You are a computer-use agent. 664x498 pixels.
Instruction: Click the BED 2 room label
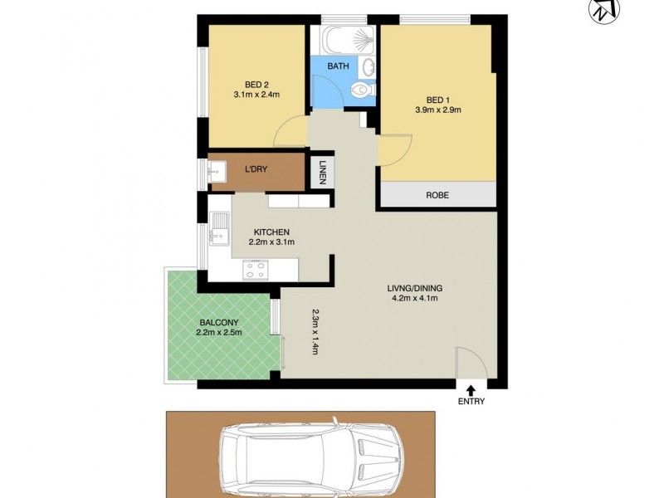pyautogui.click(x=256, y=84)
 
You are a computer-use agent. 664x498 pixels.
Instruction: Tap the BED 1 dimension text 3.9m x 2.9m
pyautogui.click(x=437, y=109)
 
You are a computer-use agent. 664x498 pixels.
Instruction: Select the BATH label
pyautogui.click(x=338, y=66)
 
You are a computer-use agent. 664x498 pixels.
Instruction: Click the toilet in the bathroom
pyautogui.click(x=360, y=90)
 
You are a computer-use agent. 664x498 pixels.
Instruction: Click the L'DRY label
pyautogui.click(x=256, y=169)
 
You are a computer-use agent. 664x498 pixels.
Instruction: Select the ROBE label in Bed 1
pyautogui.click(x=437, y=195)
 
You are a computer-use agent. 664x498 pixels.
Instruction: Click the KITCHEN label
pyautogui.click(x=271, y=232)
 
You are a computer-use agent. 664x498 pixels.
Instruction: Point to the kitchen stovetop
pyautogui.click(x=255, y=269)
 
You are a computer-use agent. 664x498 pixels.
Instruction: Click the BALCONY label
pyautogui.click(x=219, y=322)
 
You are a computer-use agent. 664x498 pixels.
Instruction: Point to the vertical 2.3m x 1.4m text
pyautogui.click(x=315, y=332)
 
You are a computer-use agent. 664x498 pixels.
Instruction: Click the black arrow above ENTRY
pyautogui.click(x=471, y=388)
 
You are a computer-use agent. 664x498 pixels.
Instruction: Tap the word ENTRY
pyautogui.click(x=471, y=402)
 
